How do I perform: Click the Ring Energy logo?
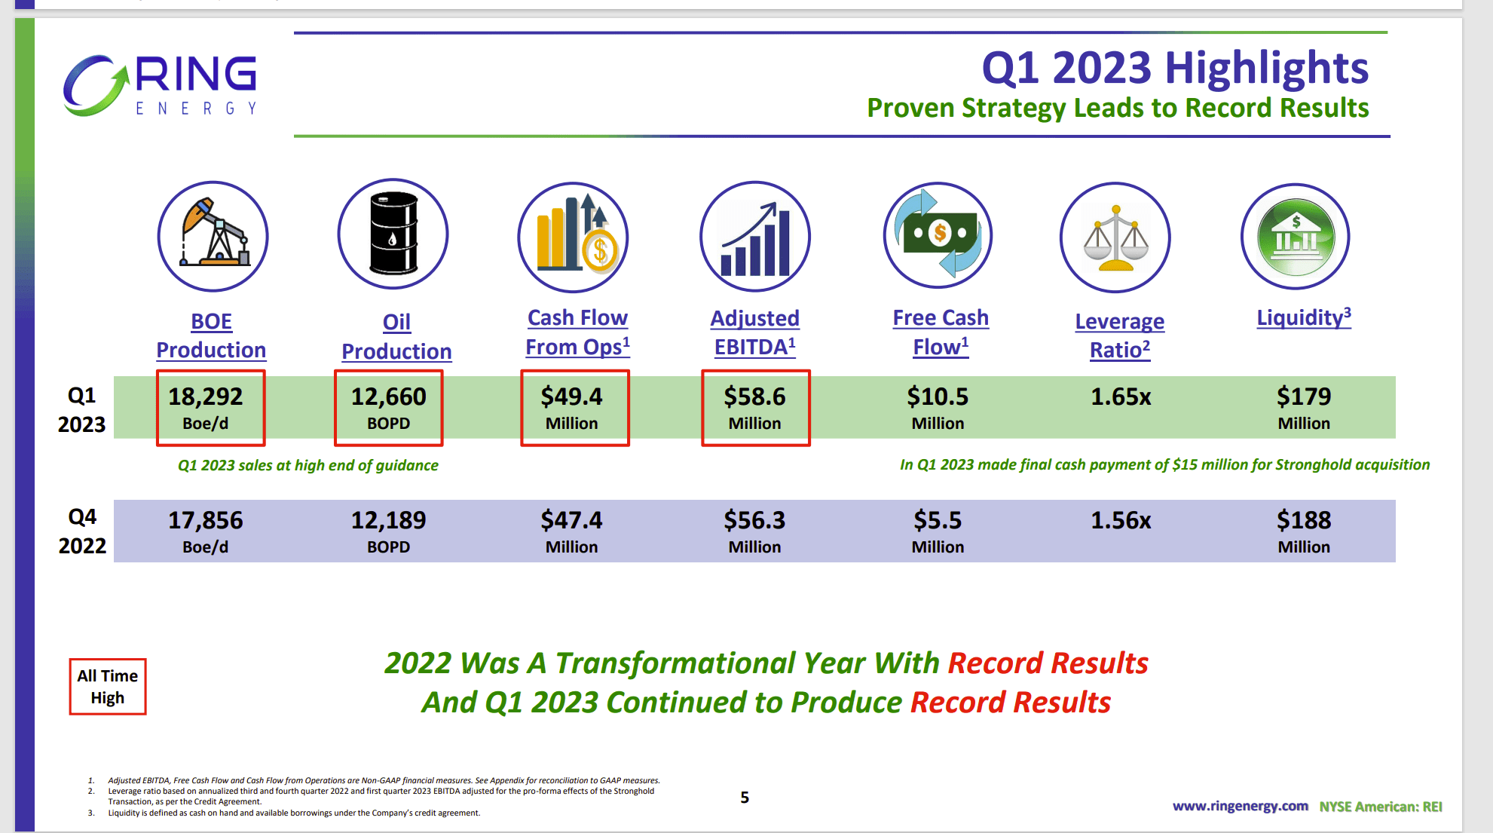[x=160, y=85]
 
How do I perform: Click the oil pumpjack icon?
[x=213, y=235]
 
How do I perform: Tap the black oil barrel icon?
[x=393, y=234]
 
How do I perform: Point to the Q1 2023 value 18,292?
[x=205, y=397]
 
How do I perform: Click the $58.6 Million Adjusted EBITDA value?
[x=754, y=406]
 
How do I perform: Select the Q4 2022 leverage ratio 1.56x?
[x=1121, y=520]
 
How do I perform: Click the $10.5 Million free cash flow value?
[x=938, y=406]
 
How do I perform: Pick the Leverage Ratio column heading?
[x=1119, y=335]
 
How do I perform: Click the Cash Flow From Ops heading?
[x=577, y=332]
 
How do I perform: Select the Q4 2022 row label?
[x=82, y=531]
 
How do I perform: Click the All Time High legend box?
[x=108, y=686]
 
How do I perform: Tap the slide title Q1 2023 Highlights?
[x=1174, y=68]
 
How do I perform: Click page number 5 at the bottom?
[x=745, y=798]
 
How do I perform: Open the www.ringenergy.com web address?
[x=1240, y=806]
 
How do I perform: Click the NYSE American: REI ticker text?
[x=1380, y=807]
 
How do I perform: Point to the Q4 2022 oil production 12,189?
[x=388, y=520]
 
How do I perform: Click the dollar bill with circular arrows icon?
[x=938, y=234]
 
